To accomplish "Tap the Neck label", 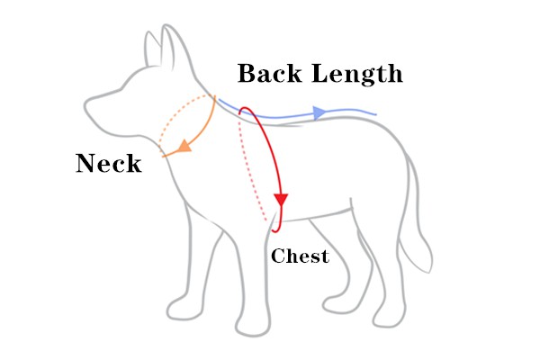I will pos(108,163).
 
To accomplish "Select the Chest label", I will pos(300,256).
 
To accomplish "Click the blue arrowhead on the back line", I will pos(319,112).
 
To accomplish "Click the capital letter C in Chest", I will pos(277,256).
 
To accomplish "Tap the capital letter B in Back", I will pos(247,73).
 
